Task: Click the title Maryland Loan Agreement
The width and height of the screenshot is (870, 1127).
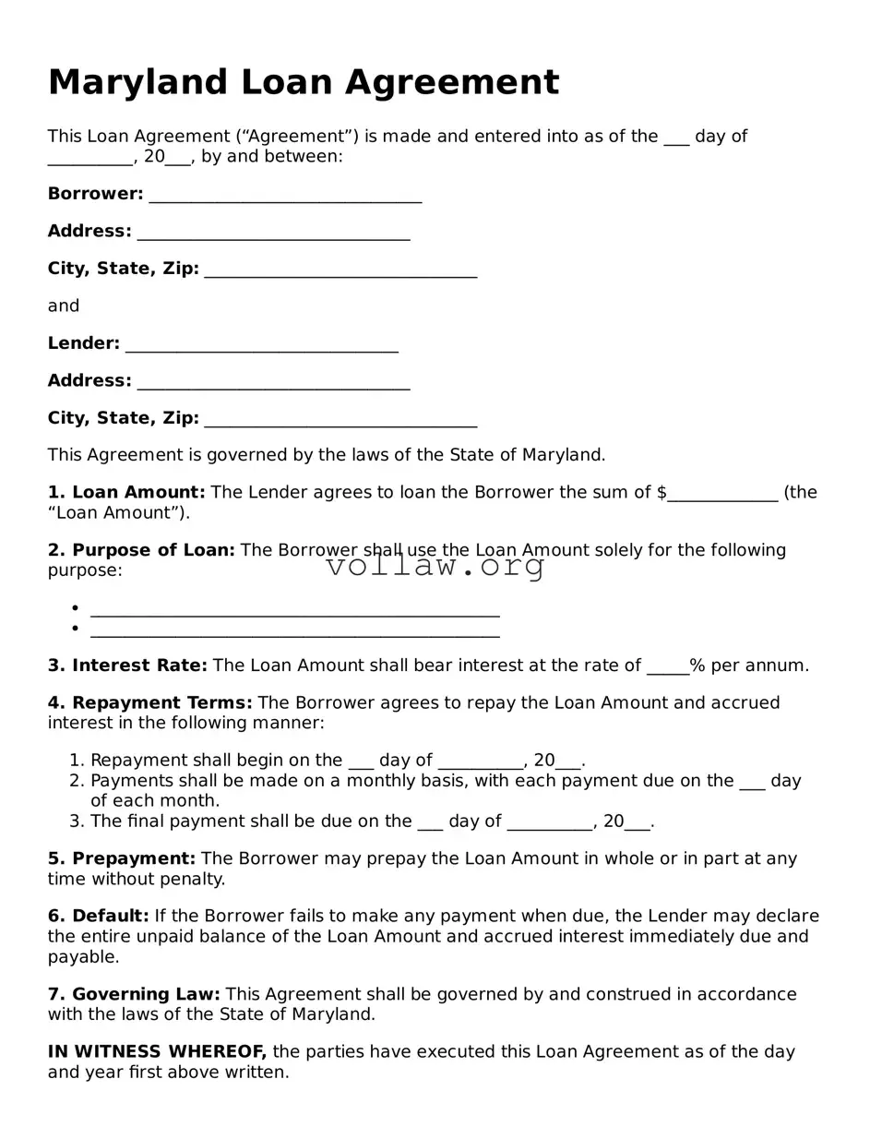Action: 303,82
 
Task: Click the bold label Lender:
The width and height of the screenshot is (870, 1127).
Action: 84,343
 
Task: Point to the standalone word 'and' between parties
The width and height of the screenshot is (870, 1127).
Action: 64,306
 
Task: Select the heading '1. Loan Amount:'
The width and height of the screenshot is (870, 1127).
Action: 126,492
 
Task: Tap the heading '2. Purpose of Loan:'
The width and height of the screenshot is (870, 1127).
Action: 141,550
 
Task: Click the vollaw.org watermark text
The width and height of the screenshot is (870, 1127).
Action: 435,566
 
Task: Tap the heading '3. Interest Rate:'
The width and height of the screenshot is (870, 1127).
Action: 127,665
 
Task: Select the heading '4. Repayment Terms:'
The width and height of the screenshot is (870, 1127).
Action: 149,702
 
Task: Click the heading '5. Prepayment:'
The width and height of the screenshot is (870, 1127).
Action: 122,858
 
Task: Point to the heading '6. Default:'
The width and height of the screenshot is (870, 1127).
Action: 98,916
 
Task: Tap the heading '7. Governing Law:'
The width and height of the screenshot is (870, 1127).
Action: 134,994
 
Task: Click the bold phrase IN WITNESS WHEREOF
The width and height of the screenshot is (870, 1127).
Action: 157,1051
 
